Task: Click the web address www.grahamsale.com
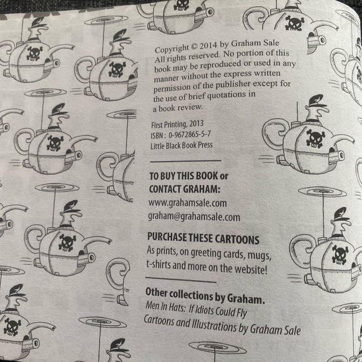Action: (x=187, y=203)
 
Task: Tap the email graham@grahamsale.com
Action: (x=193, y=217)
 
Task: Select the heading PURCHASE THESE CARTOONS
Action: (x=202, y=239)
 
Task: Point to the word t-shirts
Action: (x=162, y=267)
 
